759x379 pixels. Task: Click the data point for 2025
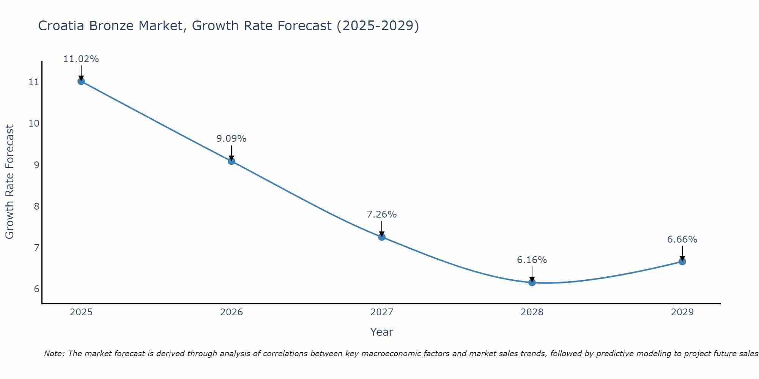[x=81, y=81]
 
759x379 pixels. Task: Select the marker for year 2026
[x=231, y=161]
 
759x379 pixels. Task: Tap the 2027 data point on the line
[x=382, y=237]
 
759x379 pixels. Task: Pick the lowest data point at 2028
[x=532, y=282]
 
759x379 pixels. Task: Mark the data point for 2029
[x=682, y=262]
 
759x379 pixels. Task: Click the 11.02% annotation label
[x=81, y=59]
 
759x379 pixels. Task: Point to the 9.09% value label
[x=231, y=139]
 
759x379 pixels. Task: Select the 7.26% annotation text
[x=382, y=215]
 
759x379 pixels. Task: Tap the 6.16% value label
[x=532, y=260]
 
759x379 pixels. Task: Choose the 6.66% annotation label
[x=682, y=240]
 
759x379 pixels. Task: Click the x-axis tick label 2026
[x=231, y=312]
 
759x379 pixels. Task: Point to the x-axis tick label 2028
[x=532, y=312]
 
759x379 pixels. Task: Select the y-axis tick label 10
[x=34, y=124]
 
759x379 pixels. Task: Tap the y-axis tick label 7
[x=36, y=248]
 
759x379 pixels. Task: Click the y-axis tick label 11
[x=34, y=82]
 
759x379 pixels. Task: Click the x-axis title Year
[x=382, y=332]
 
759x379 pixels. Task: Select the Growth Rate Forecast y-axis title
[x=9, y=182]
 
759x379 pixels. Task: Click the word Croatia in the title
[x=62, y=26]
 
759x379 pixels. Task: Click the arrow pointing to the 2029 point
[x=682, y=253]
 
